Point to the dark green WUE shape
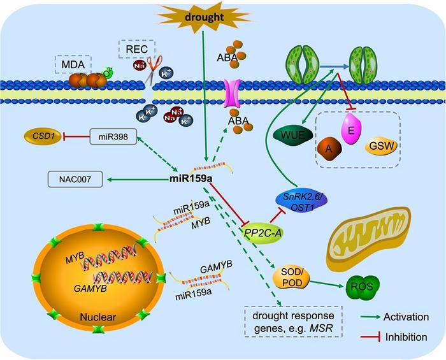[291, 135]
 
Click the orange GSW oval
[382, 148]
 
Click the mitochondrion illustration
[371, 240]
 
